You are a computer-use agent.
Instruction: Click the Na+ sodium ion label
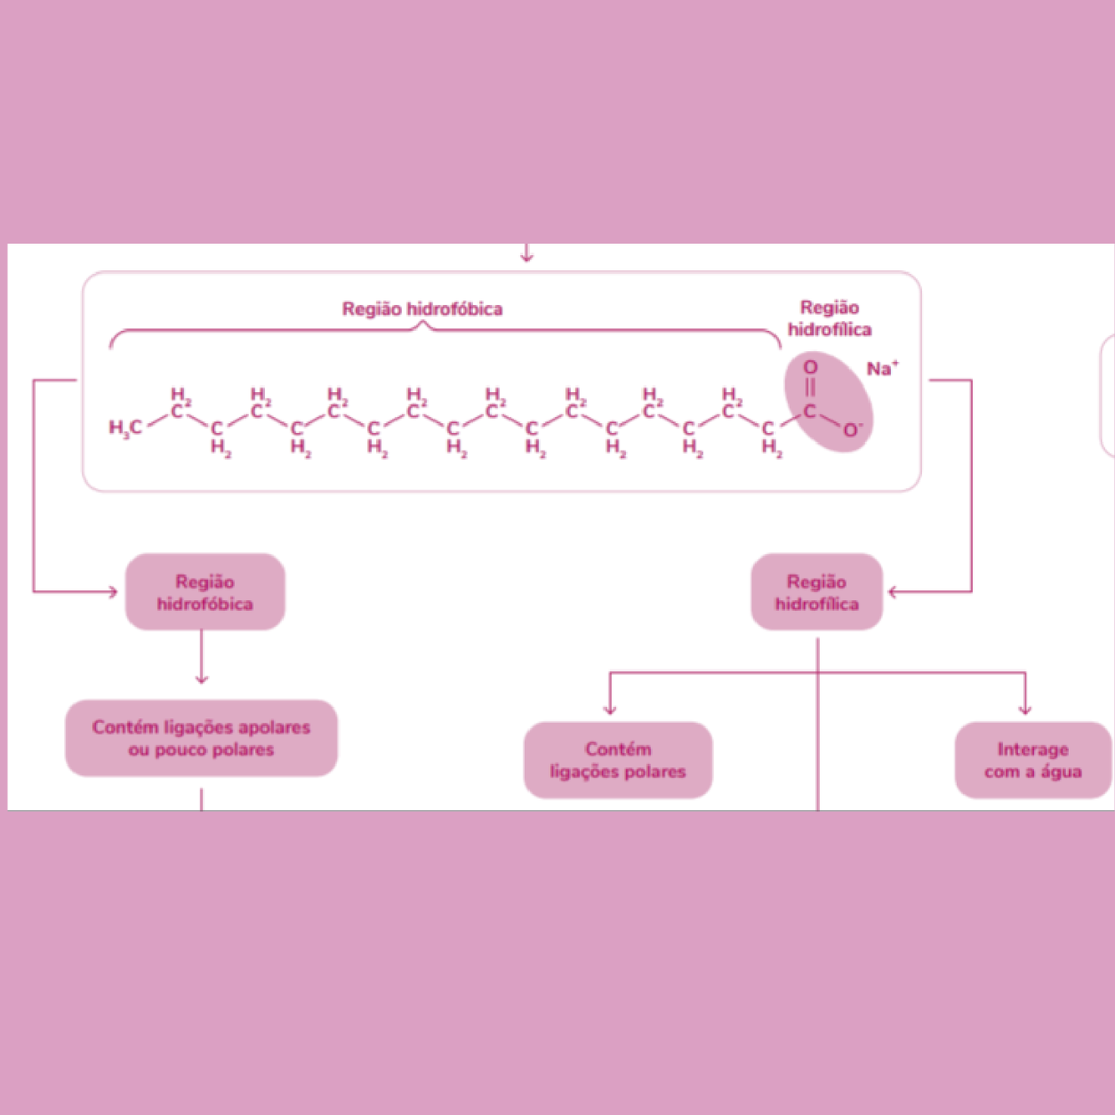[881, 369]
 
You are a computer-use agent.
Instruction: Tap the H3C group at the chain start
[125, 428]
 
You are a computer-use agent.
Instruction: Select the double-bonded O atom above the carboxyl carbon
[810, 367]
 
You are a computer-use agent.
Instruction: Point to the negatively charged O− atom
[851, 430]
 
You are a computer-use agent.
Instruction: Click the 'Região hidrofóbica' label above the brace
[422, 309]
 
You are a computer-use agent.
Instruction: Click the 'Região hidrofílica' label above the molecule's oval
[829, 318]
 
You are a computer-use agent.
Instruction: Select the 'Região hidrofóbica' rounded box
[205, 592]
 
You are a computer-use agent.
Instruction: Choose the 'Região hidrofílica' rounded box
[817, 592]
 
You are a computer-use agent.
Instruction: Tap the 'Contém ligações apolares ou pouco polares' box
[201, 738]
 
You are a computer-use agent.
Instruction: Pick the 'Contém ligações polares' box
[618, 760]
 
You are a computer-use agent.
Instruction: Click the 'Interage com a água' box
[1033, 760]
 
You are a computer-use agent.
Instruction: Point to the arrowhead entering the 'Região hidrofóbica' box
[113, 592]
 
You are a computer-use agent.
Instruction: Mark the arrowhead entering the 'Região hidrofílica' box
[893, 592]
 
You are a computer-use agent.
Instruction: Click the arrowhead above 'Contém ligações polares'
[610, 710]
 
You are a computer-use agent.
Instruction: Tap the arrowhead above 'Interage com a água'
[1025, 710]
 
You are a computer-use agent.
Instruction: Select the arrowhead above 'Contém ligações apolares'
[201, 679]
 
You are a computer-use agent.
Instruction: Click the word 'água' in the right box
[1061, 771]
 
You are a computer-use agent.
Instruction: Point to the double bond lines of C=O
[810, 388]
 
